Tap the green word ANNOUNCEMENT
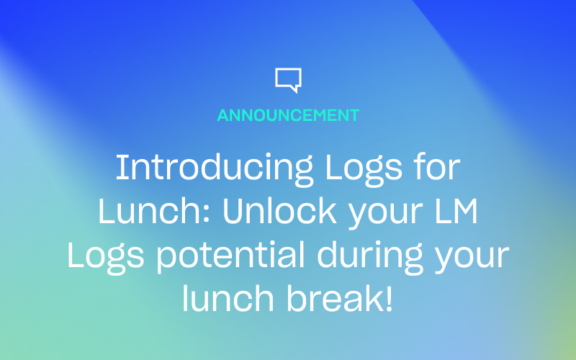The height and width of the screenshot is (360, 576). pos(288,115)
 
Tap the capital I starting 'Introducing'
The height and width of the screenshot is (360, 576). pos(120,168)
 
